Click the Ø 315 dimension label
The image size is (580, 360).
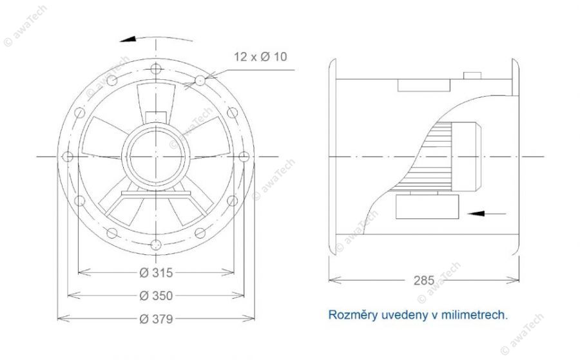[156, 273]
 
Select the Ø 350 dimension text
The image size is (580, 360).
[156, 296]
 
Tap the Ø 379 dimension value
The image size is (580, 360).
[156, 319]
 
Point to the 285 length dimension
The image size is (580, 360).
[423, 281]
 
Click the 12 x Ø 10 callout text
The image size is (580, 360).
[260, 57]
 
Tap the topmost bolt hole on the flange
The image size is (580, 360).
[156, 69]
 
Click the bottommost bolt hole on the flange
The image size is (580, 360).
[156, 245]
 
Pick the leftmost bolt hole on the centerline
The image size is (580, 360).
[68, 156]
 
